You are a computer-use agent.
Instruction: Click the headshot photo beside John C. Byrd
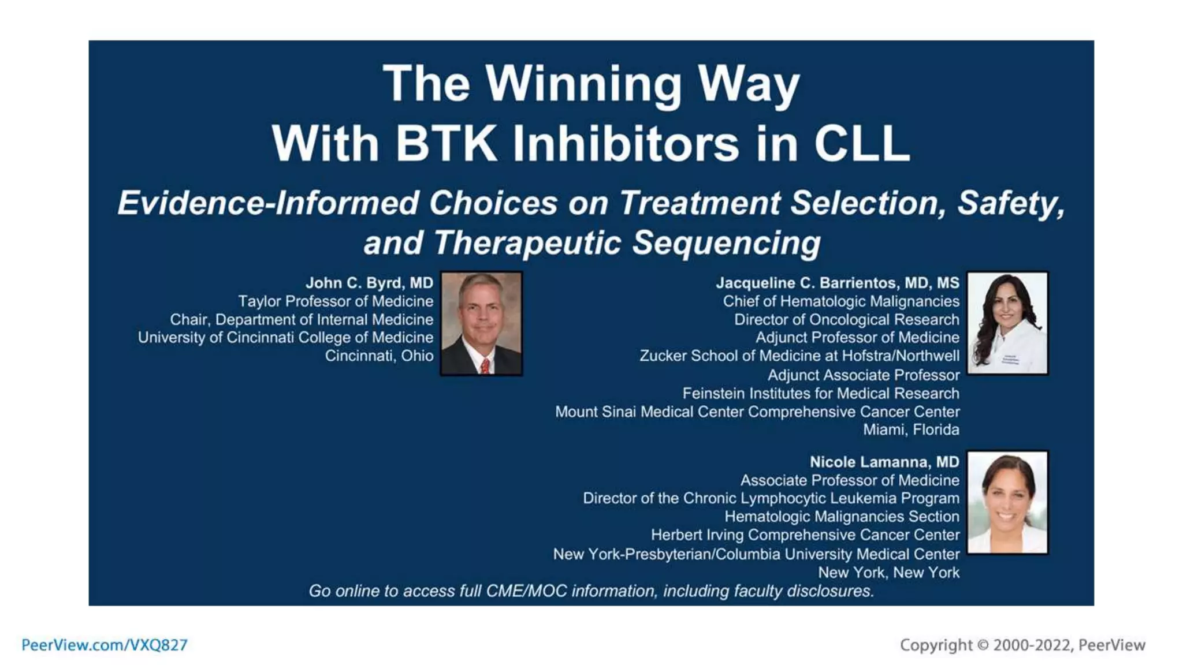[x=481, y=323]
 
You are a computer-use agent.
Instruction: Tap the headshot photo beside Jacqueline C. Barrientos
[x=1007, y=323]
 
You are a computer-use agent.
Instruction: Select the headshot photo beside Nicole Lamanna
[x=1007, y=502]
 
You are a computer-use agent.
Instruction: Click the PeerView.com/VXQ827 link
[x=105, y=645]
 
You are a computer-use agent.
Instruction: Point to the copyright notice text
[x=1022, y=645]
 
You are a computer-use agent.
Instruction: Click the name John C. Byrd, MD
[x=369, y=283]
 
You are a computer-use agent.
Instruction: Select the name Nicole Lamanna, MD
[x=884, y=462]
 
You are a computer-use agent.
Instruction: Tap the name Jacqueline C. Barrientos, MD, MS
[x=837, y=283]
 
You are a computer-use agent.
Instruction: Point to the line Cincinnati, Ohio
[x=379, y=356]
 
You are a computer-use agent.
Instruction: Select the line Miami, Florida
[x=911, y=429]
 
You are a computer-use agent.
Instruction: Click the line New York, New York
[x=888, y=573]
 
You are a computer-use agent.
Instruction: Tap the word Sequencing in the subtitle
[x=726, y=242]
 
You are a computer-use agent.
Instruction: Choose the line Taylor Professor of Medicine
[x=336, y=301]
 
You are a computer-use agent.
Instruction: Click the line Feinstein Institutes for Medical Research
[x=820, y=393]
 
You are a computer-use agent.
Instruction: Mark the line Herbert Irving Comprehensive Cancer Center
[x=805, y=535]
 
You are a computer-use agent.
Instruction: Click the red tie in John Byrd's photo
[x=485, y=365]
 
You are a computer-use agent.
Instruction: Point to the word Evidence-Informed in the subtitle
[x=268, y=203]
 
